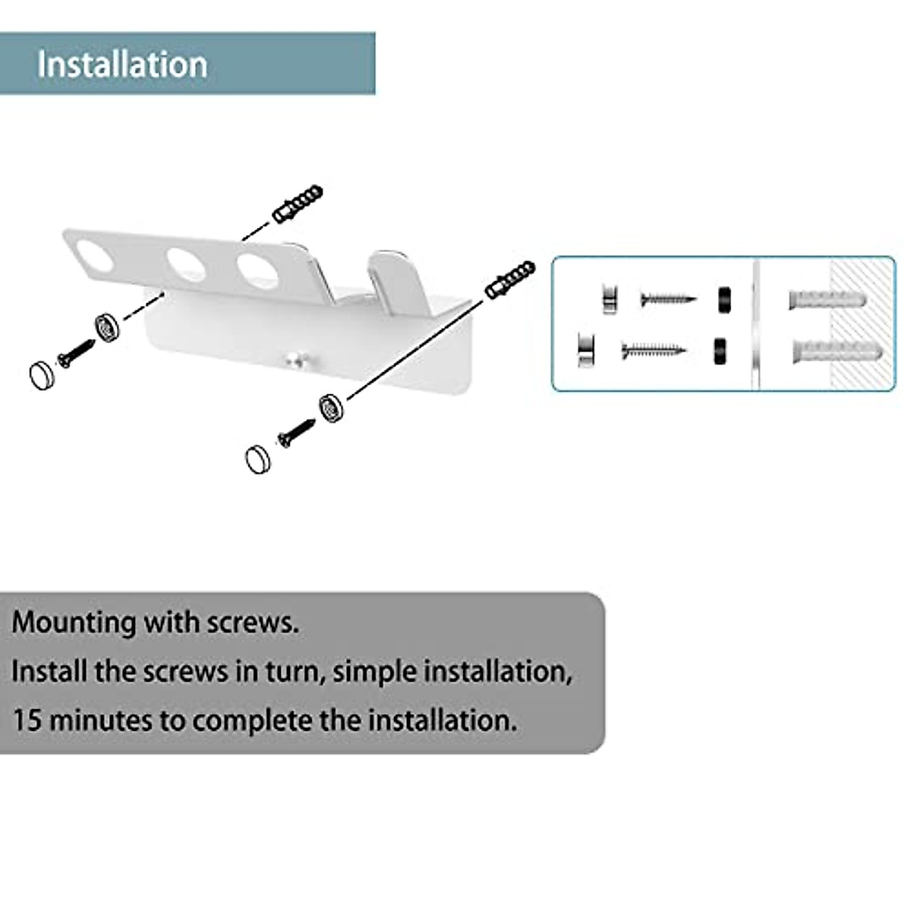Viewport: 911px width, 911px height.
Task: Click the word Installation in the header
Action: click(x=122, y=64)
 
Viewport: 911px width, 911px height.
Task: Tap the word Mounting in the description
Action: click(x=73, y=623)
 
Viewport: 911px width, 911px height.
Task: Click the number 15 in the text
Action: click(x=27, y=719)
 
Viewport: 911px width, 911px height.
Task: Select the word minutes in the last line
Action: click(x=101, y=719)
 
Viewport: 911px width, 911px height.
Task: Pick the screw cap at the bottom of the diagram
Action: click(x=260, y=459)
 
